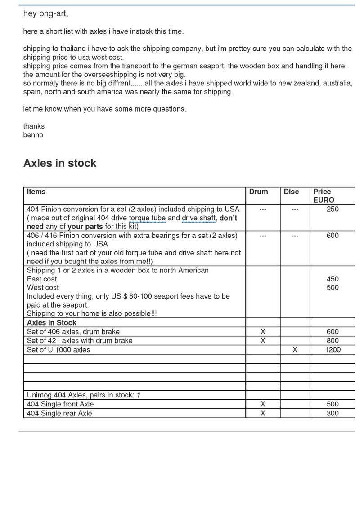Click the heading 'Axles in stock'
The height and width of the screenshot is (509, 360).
click(60, 163)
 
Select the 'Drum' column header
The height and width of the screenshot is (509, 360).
click(258, 192)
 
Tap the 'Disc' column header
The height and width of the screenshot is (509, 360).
click(291, 192)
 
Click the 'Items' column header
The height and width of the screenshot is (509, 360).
click(36, 192)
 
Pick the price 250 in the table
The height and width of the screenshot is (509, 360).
click(333, 209)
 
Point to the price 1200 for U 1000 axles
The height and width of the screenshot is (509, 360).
click(333, 349)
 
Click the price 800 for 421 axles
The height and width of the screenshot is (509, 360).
click(333, 340)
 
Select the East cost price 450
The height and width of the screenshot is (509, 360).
click(333, 279)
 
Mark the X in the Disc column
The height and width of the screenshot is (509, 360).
click(295, 349)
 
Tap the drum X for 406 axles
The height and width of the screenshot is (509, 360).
click(263, 332)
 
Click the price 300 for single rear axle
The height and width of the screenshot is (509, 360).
click(333, 413)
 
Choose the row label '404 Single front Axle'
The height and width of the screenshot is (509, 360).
click(60, 404)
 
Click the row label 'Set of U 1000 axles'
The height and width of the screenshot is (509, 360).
click(58, 349)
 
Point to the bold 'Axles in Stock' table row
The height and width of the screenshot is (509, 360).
click(52, 323)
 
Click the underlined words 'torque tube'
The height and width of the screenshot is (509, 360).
click(147, 218)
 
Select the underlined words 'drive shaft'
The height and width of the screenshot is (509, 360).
click(198, 218)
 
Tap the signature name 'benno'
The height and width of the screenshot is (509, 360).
click(33, 135)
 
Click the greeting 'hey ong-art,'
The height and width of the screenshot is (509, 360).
click(45, 14)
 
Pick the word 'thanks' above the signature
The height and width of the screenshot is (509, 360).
click(34, 126)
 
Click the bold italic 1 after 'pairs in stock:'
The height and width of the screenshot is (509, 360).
click(139, 395)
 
